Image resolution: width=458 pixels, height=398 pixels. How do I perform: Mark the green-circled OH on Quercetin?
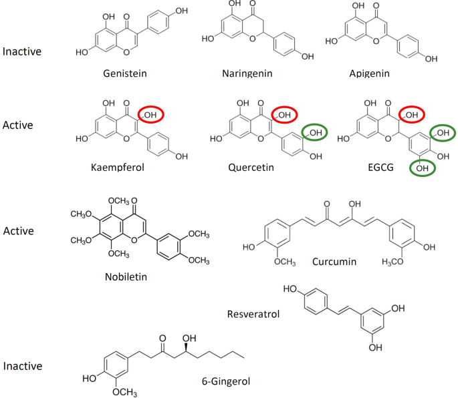[x=316, y=133]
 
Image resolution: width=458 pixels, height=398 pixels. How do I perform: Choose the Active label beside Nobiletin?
[x=19, y=230]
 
